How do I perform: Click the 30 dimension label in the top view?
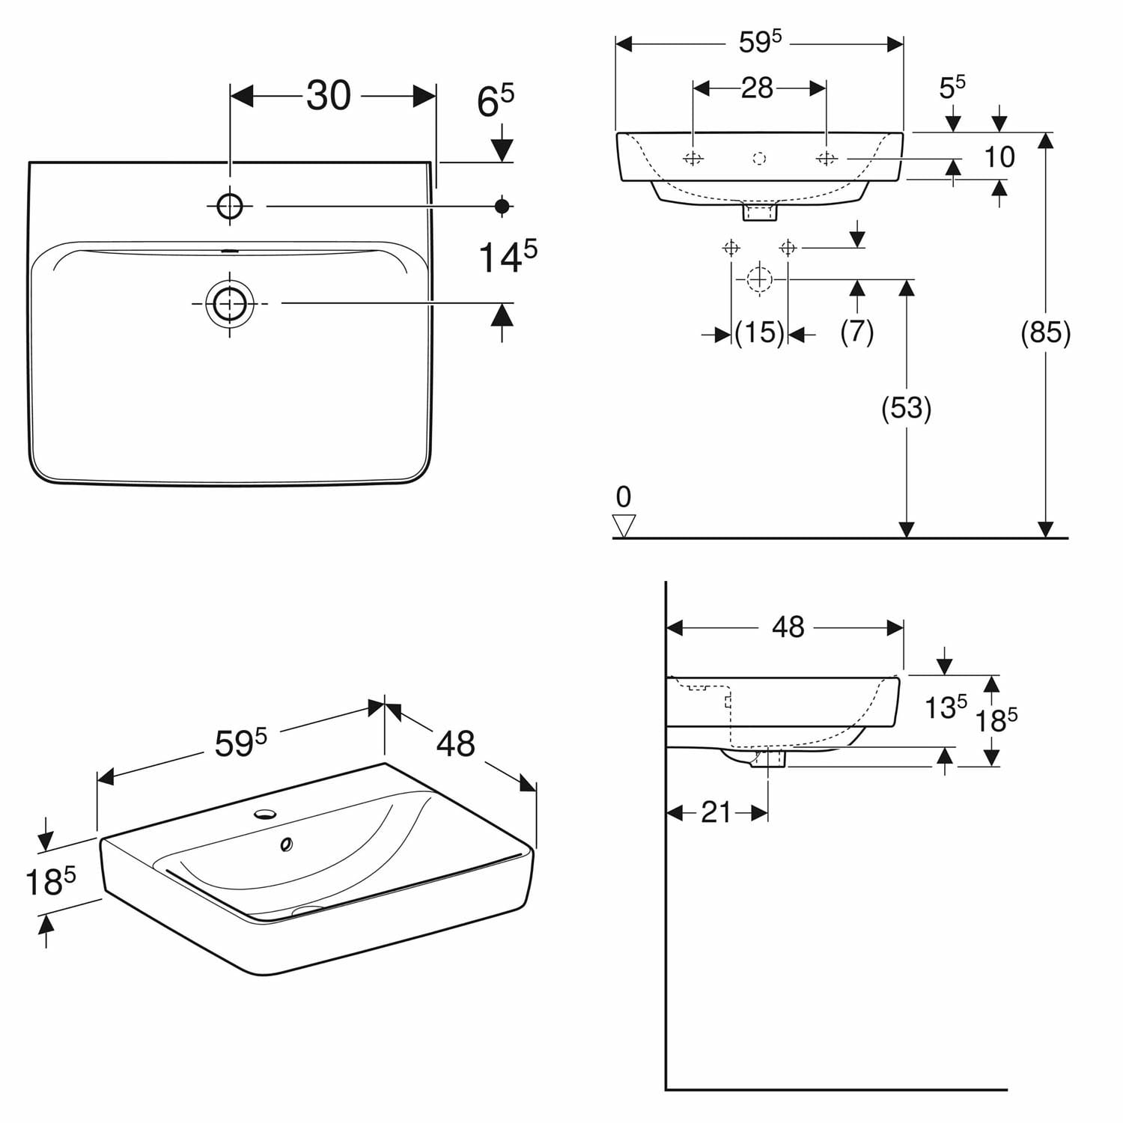tap(329, 96)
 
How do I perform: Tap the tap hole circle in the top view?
tap(230, 205)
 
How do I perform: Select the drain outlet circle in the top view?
tap(230, 303)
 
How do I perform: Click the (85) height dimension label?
tap(1046, 332)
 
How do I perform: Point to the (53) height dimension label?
tap(907, 408)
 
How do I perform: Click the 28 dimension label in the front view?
tap(757, 88)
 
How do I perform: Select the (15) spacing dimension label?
tap(759, 332)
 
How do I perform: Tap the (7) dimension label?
tap(857, 332)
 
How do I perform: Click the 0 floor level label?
tap(624, 496)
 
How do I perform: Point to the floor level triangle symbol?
tap(624, 526)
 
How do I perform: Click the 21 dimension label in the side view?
tap(716, 812)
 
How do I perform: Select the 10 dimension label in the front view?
tap(999, 157)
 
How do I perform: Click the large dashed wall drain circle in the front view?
tap(759, 279)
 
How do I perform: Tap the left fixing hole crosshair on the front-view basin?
tap(693, 158)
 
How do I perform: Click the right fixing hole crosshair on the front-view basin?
tap(826, 158)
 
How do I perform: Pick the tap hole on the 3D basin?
tap(265, 813)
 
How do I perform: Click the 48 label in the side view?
tap(788, 627)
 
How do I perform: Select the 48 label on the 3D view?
tap(456, 744)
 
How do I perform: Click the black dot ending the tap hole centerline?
tap(502, 205)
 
